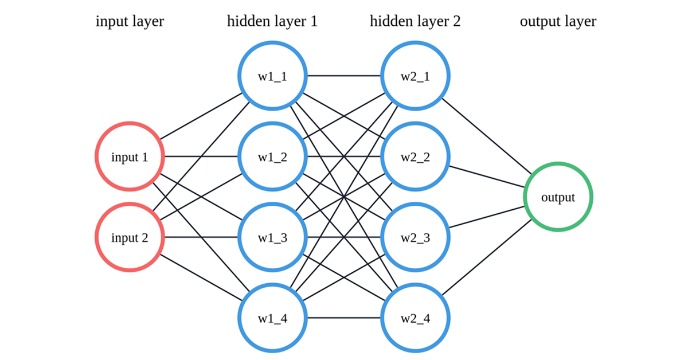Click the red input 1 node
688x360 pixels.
pyautogui.click(x=130, y=156)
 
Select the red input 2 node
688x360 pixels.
pyautogui.click(x=130, y=237)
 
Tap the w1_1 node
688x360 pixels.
pyautogui.click(x=272, y=75)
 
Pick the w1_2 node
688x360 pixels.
pyautogui.click(x=272, y=156)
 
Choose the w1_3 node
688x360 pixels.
pyautogui.click(x=272, y=237)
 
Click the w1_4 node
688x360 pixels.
pyautogui.click(x=272, y=317)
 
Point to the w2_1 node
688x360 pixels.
pyautogui.click(x=416, y=75)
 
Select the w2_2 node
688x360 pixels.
pyautogui.click(x=416, y=156)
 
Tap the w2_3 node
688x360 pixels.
pyautogui.click(x=416, y=237)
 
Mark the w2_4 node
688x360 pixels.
pyautogui.click(x=416, y=317)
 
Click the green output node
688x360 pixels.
pyautogui.click(x=558, y=197)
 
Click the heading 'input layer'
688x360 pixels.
pyautogui.click(x=130, y=22)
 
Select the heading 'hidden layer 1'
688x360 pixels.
pyautogui.click(x=272, y=22)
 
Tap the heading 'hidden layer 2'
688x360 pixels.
pyautogui.click(x=415, y=22)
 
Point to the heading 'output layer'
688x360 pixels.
pyautogui.click(x=558, y=22)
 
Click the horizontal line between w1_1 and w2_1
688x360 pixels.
pyautogui.click(x=344, y=75)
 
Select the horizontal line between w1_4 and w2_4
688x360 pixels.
pyautogui.click(x=344, y=317)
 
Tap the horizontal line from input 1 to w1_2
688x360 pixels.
pyautogui.click(x=201, y=156)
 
